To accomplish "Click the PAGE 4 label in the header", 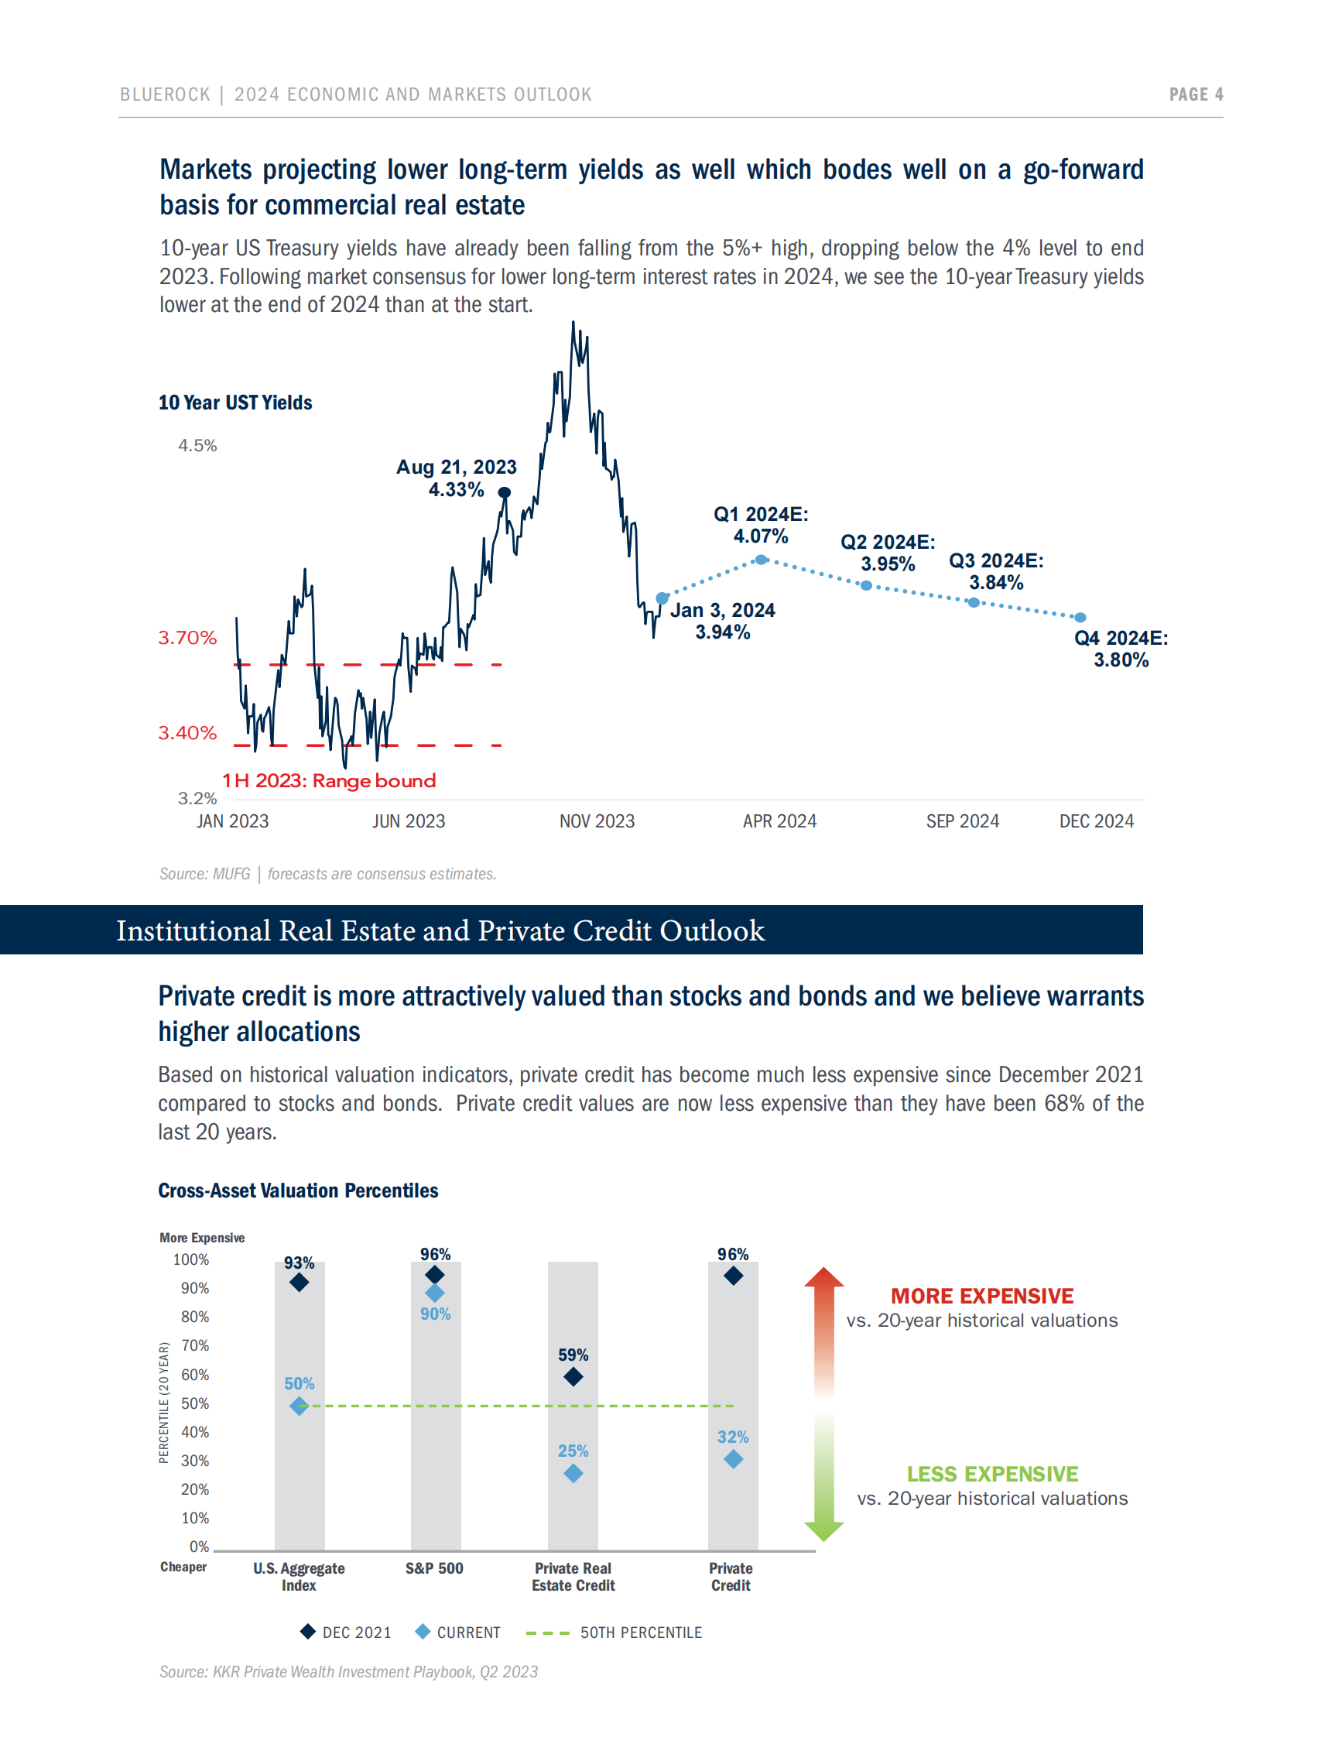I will pyautogui.click(x=1195, y=94).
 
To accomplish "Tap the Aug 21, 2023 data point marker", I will pyautogui.click(x=504, y=492).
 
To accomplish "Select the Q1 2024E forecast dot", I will pyautogui.click(x=761, y=559).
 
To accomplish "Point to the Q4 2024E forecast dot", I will pyautogui.click(x=1080, y=617).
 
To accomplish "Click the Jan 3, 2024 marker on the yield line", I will pyautogui.click(x=662, y=598).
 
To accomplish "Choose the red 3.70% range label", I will pyautogui.click(x=187, y=638).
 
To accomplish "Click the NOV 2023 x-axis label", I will pyautogui.click(x=596, y=821).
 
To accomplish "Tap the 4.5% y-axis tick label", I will pyautogui.click(x=197, y=445).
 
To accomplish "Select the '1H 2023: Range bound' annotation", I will pyautogui.click(x=328, y=780).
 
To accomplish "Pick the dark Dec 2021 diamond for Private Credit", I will pyautogui.click(x=733, y=1276).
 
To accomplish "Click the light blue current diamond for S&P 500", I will pyautogui.click(x=434, y=1293).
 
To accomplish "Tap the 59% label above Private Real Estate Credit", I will pyautogui.click(x=573, y=1355).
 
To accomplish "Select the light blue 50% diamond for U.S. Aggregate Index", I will pyautogui.click(x=299, y=1406).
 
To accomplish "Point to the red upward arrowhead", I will pyautogui.click(x=823, y=1277).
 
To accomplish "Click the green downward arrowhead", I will pyautogui.click(x=823, y=1530).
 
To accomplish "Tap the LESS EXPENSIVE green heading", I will pyautogui.click(x=992, y=1474).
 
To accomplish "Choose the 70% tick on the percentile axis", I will pyautogui.click(x=195, y=1345).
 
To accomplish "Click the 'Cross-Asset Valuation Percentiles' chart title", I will pyautogui.click(x=298, y=1191).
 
